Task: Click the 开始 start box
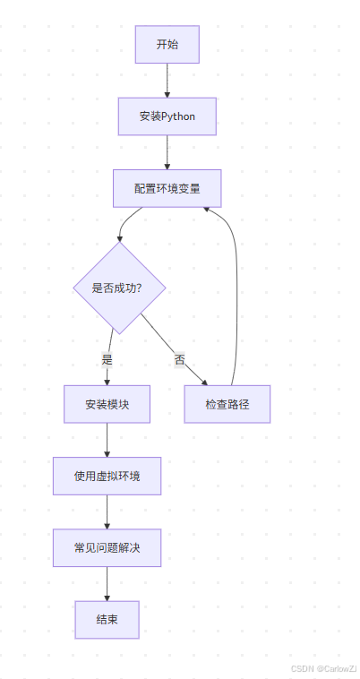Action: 167,45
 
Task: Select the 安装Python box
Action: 167,116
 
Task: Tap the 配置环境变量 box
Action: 167,189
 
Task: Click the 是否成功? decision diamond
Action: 118,288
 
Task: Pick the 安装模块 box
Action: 107,404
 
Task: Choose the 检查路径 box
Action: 227,404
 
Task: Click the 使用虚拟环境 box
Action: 107,476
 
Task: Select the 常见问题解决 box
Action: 107,547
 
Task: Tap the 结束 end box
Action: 107,619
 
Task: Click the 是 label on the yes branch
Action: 107,358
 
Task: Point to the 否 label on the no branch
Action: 179,359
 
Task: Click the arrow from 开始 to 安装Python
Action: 167,81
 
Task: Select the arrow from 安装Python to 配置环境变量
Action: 167,152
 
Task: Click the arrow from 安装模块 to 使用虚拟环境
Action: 107,440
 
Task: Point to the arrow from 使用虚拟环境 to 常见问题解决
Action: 107,511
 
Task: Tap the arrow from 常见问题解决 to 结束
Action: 107,583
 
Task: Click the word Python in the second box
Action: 178,116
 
